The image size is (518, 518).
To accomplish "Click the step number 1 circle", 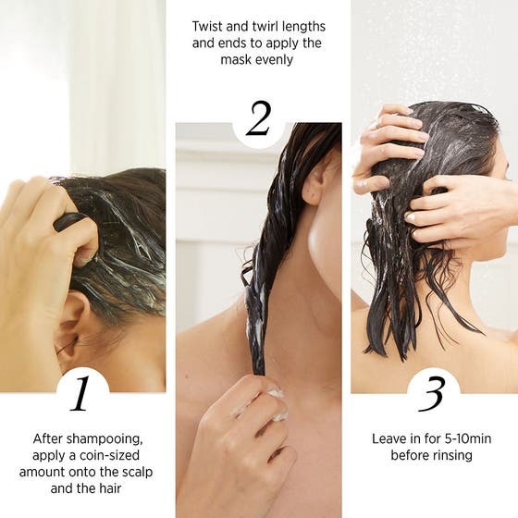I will (81, 393).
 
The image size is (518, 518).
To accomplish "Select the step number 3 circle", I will (433, 393).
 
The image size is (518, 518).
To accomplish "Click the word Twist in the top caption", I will (209, 27).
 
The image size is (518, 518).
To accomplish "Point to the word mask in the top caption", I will (239, 60).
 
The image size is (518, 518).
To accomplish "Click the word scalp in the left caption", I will (129, 472).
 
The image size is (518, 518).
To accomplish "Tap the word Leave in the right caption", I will (388, 438).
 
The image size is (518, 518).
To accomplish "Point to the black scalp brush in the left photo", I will (72, 222).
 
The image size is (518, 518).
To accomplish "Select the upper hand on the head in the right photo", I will (388, 139).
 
